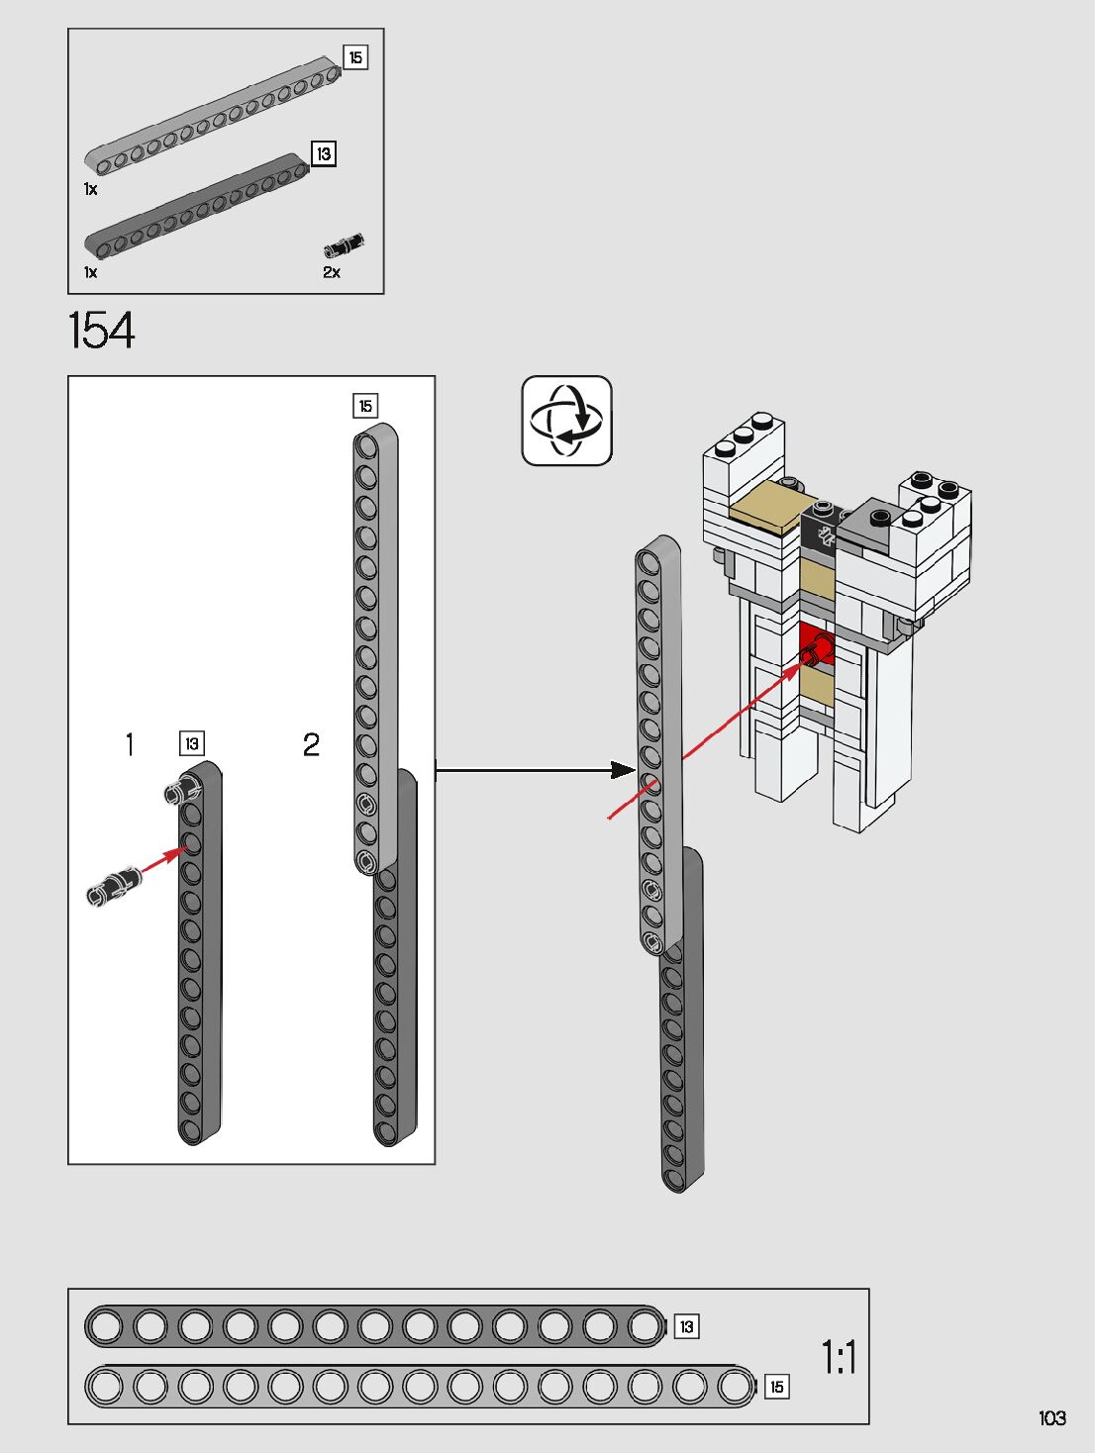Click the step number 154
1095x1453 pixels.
click(101, 331)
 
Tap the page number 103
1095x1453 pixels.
click(1051, 1418)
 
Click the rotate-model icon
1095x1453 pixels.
click(566, 421)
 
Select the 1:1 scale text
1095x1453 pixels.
click(839, 1357)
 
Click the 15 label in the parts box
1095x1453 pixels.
click(355, 57)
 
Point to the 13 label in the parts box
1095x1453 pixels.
click(323, 153)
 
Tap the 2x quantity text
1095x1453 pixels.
click(332, 272)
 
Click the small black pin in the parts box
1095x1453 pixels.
click(344, 244)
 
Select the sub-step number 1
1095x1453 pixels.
click(130, 744)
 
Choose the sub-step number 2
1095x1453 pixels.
click(311, 744)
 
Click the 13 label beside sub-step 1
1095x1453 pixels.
click(191, 743)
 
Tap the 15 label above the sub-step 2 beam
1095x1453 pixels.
click(365, 406)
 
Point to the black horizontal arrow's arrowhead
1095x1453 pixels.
click(623, 770)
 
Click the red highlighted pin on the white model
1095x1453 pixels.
click(817, 649)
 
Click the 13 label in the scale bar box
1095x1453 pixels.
click(686, 1326)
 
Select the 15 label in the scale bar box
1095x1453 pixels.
click(776, 1387)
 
